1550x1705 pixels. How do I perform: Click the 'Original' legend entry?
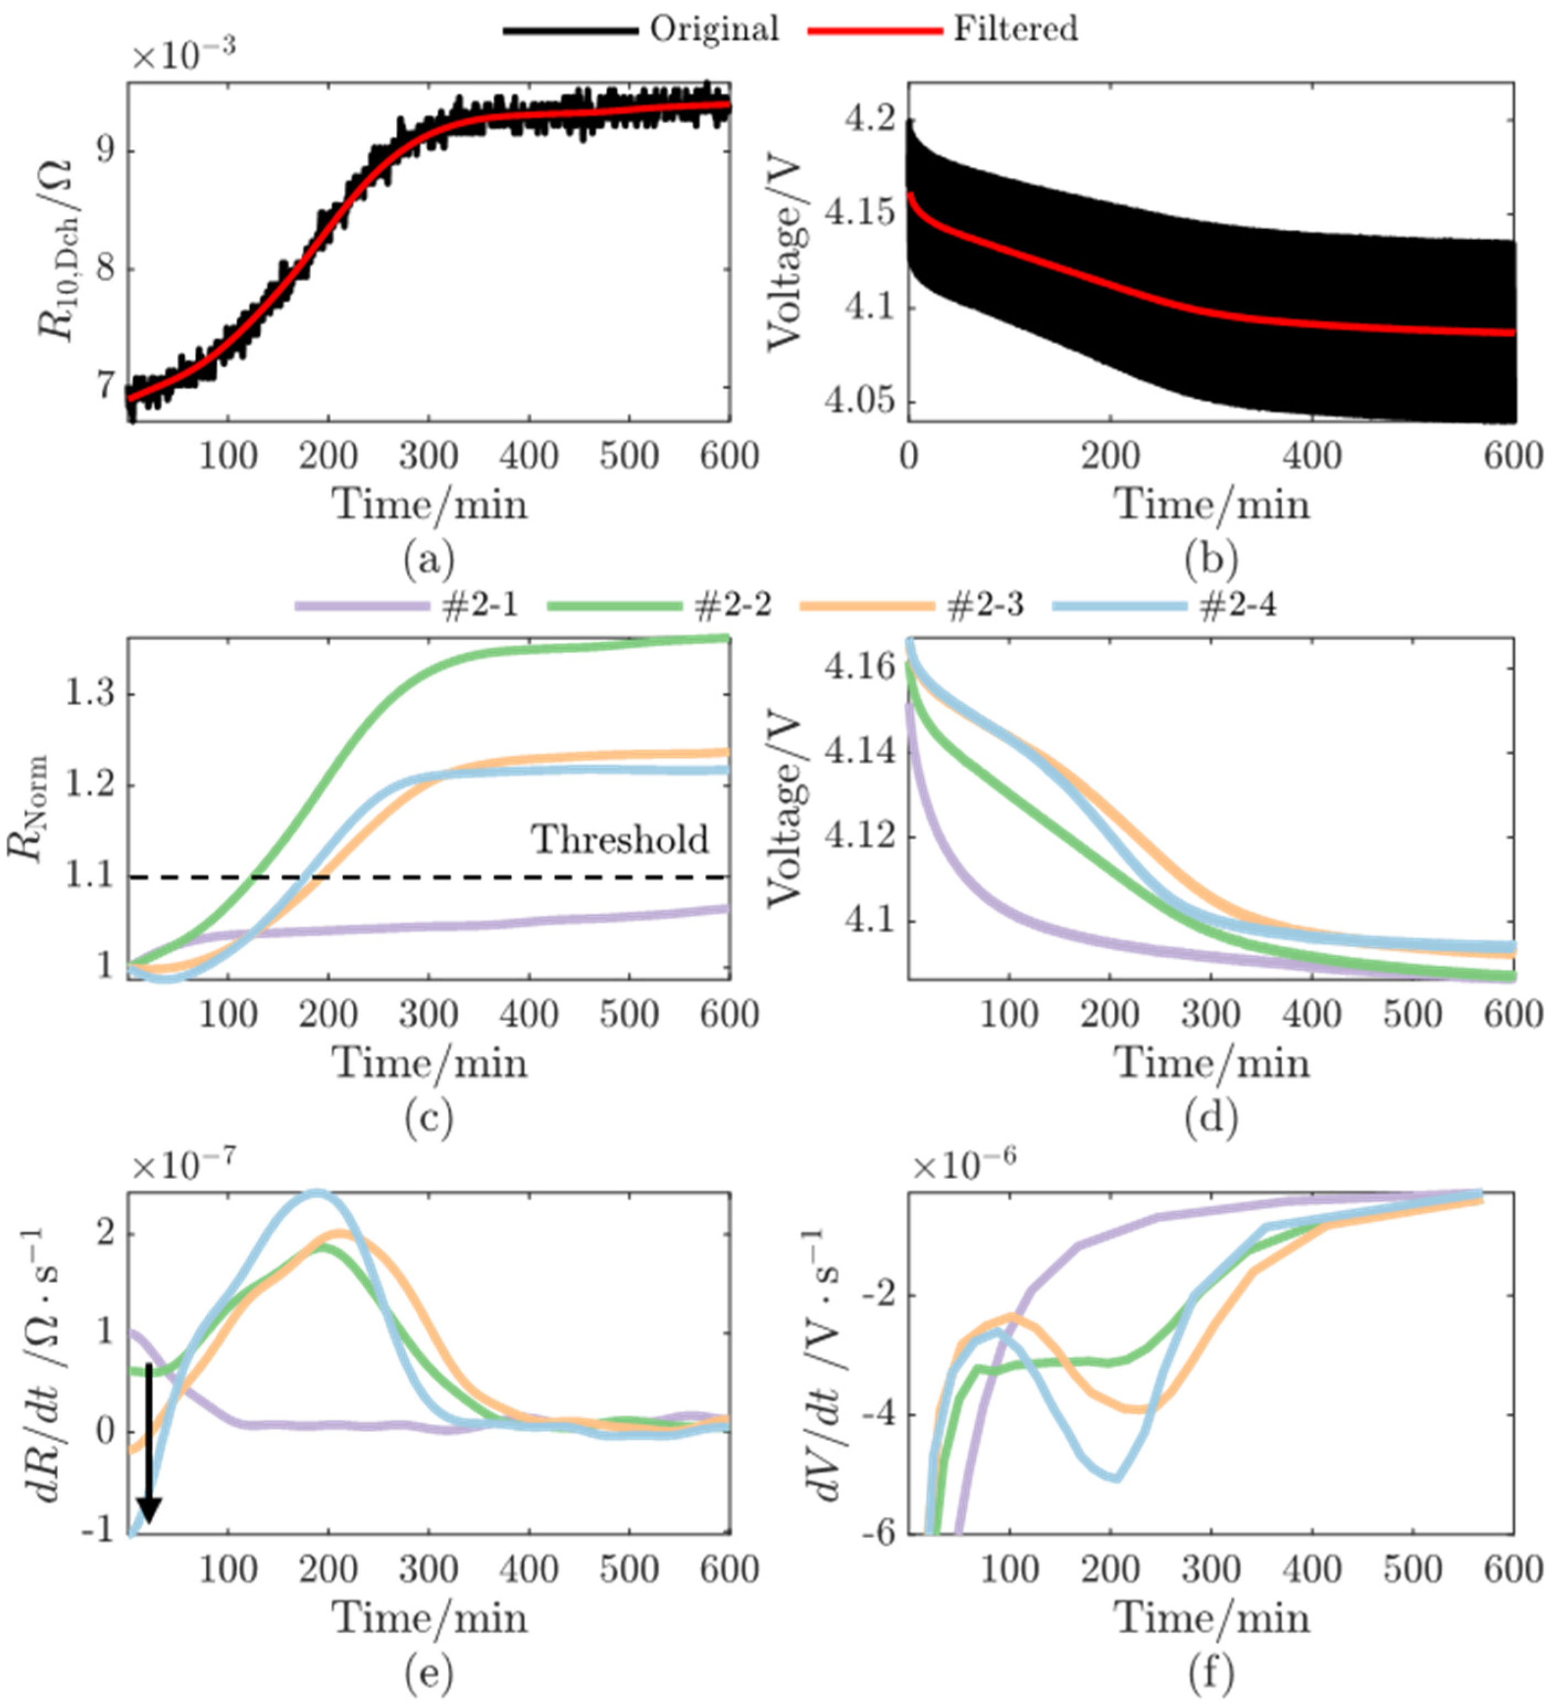(713, 30)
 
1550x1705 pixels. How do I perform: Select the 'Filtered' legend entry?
(1015, 30)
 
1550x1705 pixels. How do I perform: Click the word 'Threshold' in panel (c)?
(620, 840)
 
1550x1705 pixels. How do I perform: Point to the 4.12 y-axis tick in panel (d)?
(859, 837)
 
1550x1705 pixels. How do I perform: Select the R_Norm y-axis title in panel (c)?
(32, 807)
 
